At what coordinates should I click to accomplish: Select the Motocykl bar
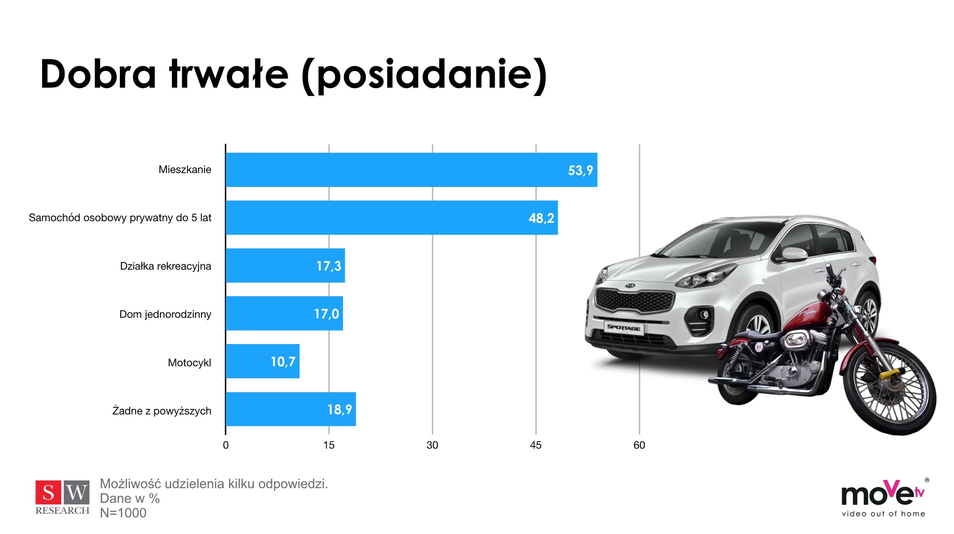point(262,361)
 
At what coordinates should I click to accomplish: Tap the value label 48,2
point(541,218)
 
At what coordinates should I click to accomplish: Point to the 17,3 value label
point(328,266)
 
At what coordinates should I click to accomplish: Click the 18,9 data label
point(339,409)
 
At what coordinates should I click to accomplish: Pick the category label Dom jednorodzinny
point(165,314)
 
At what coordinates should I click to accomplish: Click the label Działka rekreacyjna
point(165,266)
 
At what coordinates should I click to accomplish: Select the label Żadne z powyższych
point(162,411)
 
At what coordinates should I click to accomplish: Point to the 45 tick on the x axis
point(535,445)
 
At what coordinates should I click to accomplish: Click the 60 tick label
point(639,445)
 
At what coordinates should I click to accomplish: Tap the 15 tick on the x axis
point(328,445)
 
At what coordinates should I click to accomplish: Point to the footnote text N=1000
point(123,513)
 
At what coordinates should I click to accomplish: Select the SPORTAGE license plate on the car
point(623,327)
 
